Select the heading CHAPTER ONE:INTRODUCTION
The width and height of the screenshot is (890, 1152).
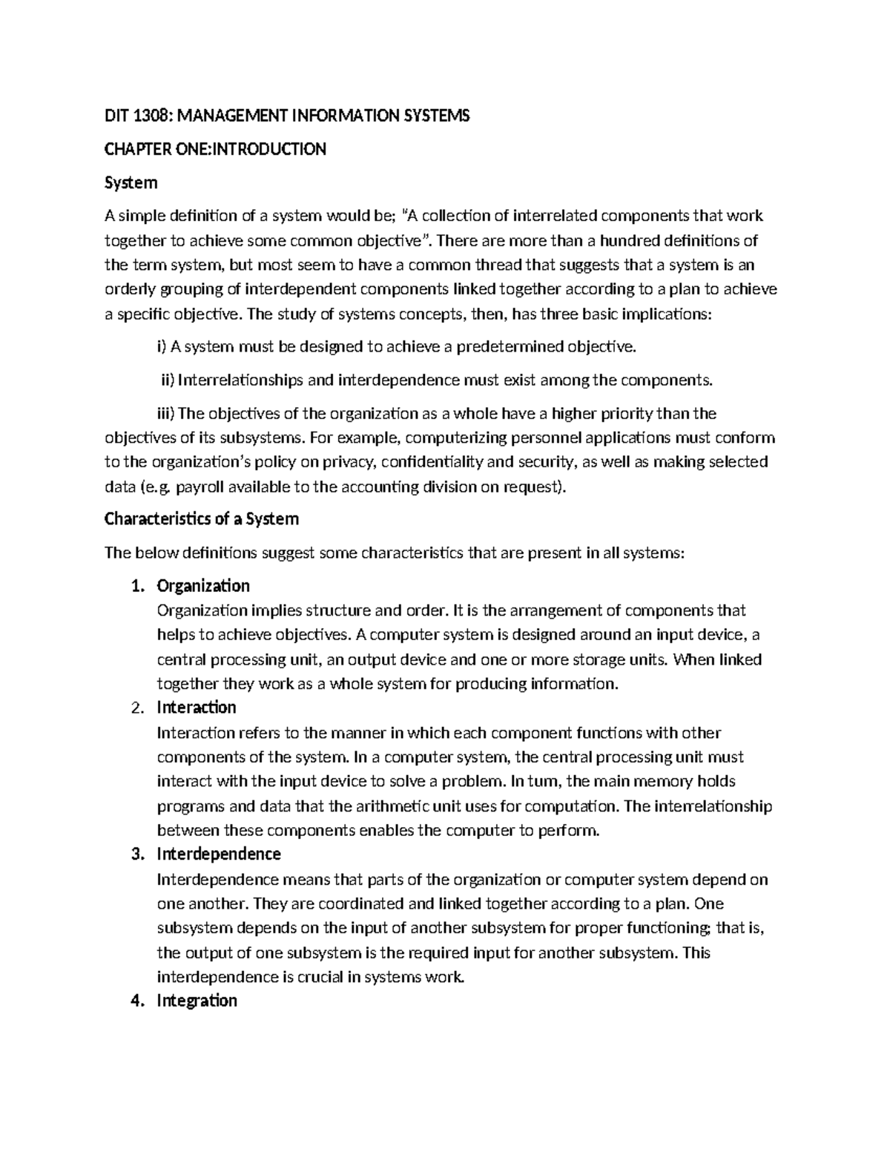[215, 149]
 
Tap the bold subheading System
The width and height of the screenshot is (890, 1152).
[131, 182]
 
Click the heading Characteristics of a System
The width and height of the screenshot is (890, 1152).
[202, 519]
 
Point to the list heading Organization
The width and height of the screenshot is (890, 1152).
[203, 586]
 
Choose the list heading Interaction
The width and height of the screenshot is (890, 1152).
[197, 708]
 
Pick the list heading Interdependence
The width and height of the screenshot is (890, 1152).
[219, 854]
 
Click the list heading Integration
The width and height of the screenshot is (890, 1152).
[197, 1001]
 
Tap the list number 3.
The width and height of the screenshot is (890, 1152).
[136, 854]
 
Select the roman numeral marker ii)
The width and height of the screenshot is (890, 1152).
[168, 381]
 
